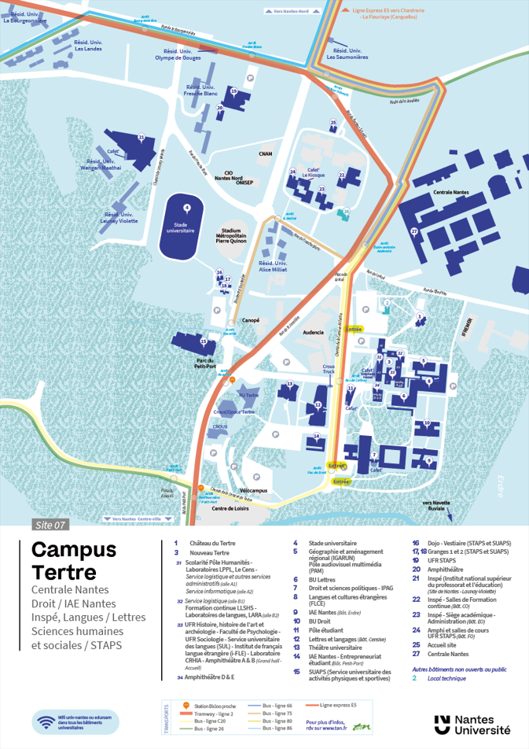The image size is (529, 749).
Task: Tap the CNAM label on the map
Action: (x=265, y=154)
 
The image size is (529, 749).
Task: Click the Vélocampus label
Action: (x=254, y=489)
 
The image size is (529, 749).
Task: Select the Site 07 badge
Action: (x=51, y=524)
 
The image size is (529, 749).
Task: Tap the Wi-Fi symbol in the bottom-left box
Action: (x=46, y=721)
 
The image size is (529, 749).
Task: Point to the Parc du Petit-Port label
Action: (x=205, y=363)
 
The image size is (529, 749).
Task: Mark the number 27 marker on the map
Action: (x=413, y=231)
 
